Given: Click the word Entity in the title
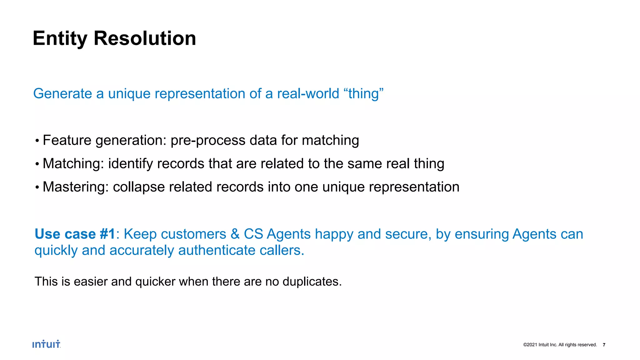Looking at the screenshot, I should click(x=60, y=39).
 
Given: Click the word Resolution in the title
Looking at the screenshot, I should click(x=145, y=39).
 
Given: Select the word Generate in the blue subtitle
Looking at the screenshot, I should click(x=62, y=94).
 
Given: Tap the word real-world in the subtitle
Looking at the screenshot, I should click(x=308, y=94).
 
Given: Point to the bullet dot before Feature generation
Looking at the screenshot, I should click(x=37, y=141).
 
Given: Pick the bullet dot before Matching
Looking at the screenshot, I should click(x=37, y=164).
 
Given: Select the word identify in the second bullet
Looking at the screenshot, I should click(x=130, y=164).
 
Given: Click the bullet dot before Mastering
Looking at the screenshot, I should click(x=37, y=187).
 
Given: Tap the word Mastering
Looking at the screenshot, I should click(x=75, y=187).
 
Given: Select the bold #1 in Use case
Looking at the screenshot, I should click(x=108, y=234).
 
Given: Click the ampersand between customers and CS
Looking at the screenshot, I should click(x=235, y=234).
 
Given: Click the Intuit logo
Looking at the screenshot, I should click(x=46, y=344).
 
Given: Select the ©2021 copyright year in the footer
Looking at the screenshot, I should click(x=530, y=345).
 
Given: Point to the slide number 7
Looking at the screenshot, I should click(x=604, y=345).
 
